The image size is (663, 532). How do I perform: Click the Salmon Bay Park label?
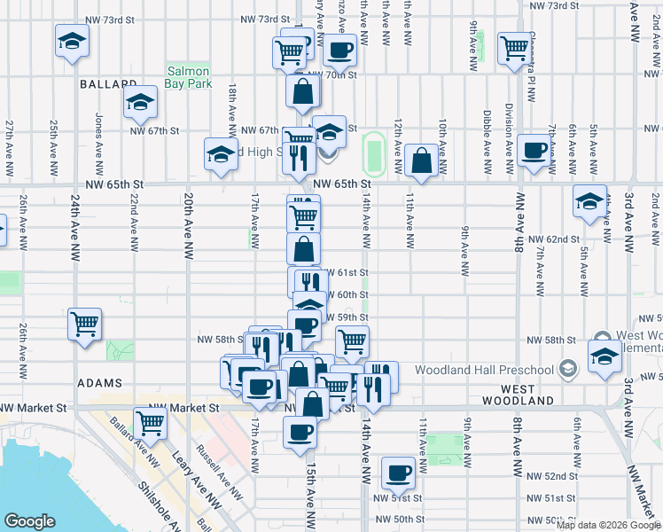187,77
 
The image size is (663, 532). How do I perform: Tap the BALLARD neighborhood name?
105,84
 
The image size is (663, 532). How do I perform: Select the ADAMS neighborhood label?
99,384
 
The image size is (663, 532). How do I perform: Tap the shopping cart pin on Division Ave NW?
514,49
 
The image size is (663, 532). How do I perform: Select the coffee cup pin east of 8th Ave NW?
534,151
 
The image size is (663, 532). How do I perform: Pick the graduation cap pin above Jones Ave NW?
72,41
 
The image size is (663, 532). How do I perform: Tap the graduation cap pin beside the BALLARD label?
139,103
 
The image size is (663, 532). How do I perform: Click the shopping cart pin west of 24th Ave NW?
85,325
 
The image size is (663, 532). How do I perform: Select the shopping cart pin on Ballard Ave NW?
151,424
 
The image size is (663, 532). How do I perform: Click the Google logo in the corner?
29,521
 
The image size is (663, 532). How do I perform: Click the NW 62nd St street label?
553,239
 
